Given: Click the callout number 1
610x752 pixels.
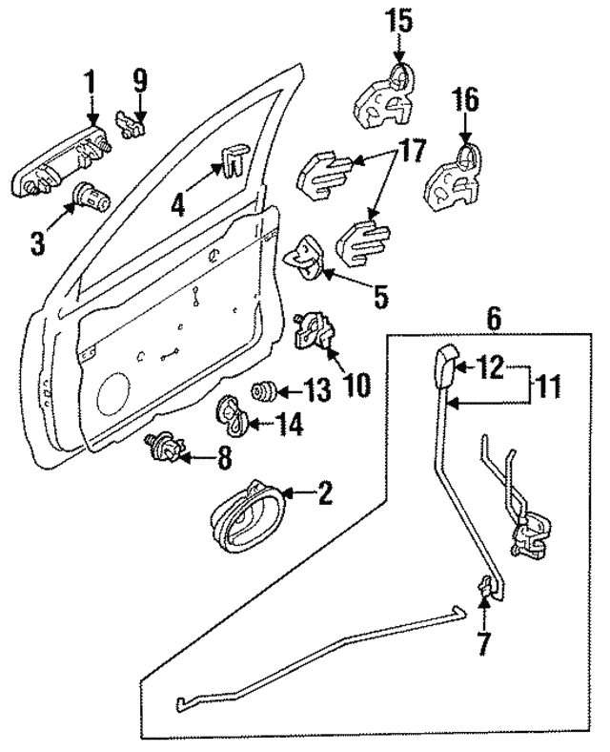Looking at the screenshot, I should tap(91, 84).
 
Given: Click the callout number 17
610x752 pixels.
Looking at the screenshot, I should tap(412, 151).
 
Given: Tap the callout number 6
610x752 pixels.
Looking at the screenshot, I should tap(493, 319).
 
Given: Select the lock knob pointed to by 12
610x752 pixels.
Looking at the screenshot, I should tap(445, 366).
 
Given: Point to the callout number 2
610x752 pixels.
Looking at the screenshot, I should tap(324, 493).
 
